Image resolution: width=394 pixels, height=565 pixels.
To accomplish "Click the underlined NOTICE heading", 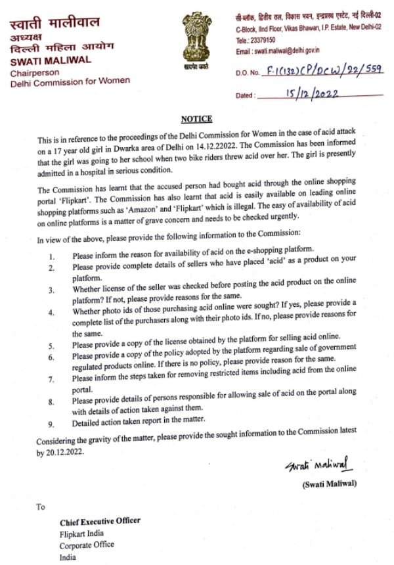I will (x=196, y=119).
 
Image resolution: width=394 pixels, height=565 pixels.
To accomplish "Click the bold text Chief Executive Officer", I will (x=100, y=521).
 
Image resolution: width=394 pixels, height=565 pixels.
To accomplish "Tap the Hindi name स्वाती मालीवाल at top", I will (x=55, y=23).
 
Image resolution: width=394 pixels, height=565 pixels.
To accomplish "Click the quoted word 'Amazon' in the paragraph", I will (x=187, y=206).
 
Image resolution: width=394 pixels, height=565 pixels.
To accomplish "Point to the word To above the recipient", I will (x=41, y=507).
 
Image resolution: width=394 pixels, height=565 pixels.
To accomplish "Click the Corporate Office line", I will (x=87, y=545).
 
